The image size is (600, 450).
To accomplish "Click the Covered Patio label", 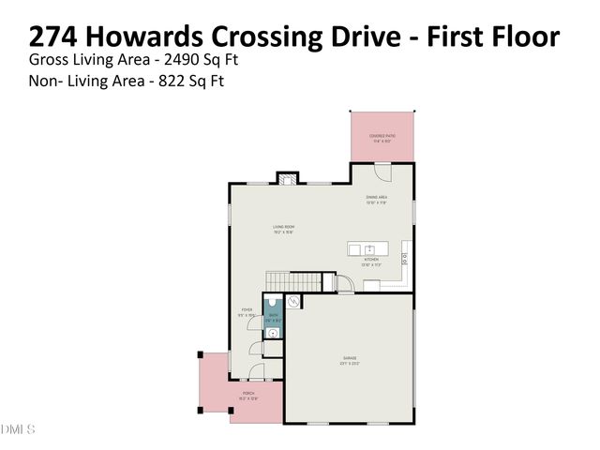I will point(382,137).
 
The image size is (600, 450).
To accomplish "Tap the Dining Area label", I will point(376,199).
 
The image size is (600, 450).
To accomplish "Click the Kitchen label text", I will point(371,260).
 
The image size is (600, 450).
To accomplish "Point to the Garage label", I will point(350,358).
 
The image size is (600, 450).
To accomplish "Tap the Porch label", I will point(247,394).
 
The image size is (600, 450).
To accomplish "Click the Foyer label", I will point(247,310).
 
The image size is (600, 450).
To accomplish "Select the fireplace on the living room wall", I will point(287,177).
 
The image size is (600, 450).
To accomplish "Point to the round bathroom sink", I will point(272,330).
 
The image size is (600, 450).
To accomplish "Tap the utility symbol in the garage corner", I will point(292,302).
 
